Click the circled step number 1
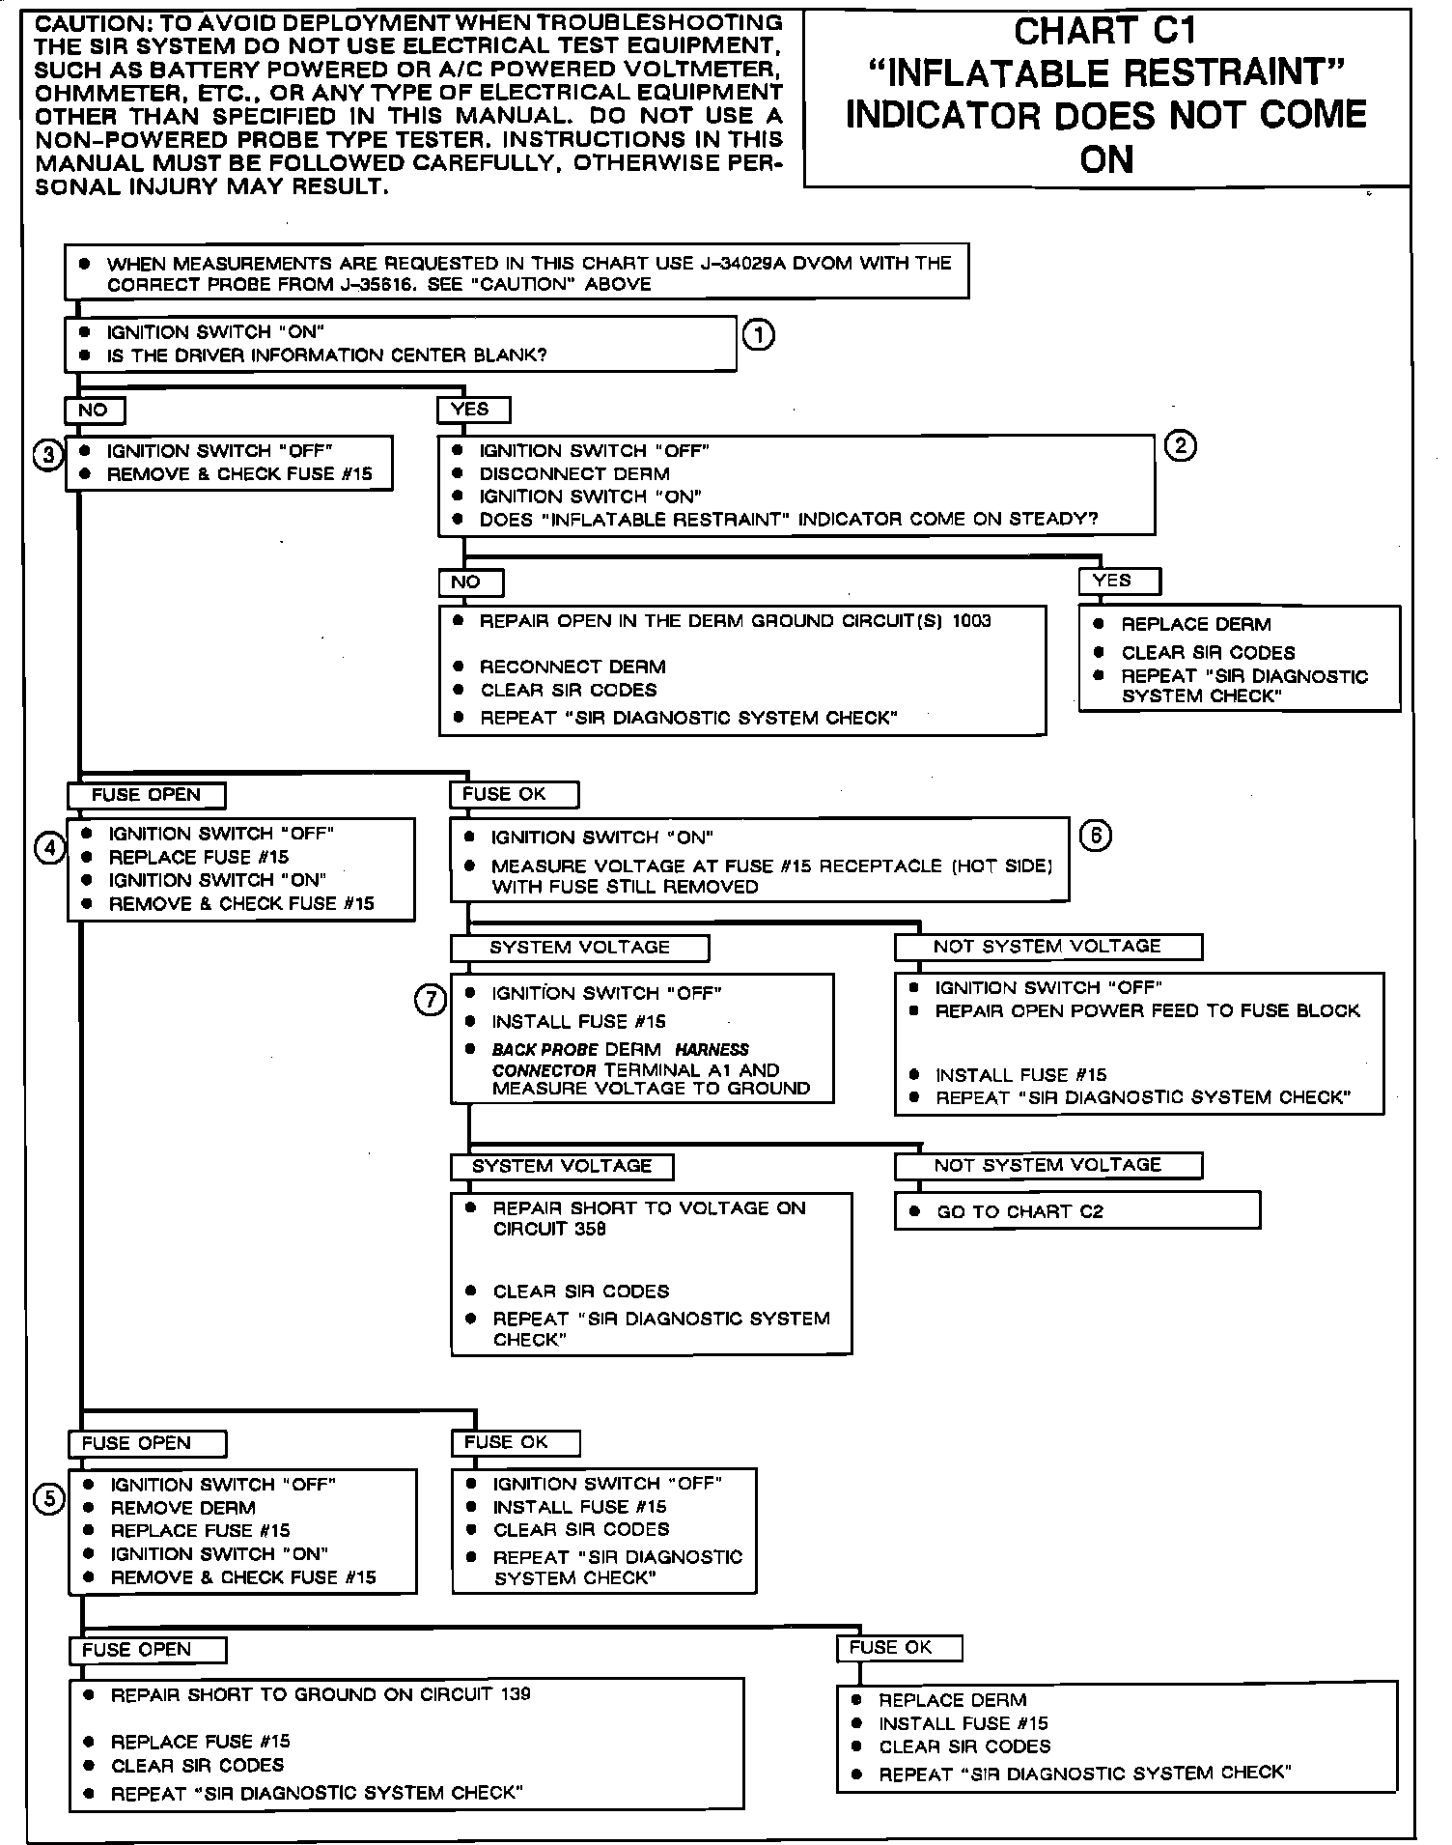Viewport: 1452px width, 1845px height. pyautogui.click(x=759, y=335)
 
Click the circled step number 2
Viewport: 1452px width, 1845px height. pyautogui.click(x=1181, y=446)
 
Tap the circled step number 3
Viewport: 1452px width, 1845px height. pyautogui.click(x=47, y=455)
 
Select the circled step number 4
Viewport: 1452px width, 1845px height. pyautogui.click(x=49, y=849)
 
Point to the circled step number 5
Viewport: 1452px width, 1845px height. pyautogui.click(x=49, y=1498)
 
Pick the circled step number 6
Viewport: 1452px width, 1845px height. pyautogui.click(x=1095, y=836)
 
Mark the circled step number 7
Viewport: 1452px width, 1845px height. pyautogui.click(x=431, y=1000)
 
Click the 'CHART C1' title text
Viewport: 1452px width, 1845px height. pyautogui.click(x=1105, y=32)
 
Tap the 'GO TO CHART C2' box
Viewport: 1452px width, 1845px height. pyautogui.click(x=1076, y=1211)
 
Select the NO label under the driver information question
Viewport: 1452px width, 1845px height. pyautogui.click(x=94, y=410)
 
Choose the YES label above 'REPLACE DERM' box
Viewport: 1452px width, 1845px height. pyautogui.click(x=1118, y=581)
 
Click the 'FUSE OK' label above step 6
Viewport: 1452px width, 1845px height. pyautogui.click(x=513, y=794)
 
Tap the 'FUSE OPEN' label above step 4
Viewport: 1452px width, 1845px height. pyautogui.click(x=146, y=795)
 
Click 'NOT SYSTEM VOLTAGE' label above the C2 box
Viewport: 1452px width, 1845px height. pyautogui.click(x=1047, y=1165)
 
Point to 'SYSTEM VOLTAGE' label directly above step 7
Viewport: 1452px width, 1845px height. pyautogui.click(x=579, y=948)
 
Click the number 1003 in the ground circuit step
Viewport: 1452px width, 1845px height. pyautogui.click(x=971, y=621)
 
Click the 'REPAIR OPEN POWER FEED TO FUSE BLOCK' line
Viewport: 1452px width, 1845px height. pyautogui.click(x=1147, y=1011)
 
